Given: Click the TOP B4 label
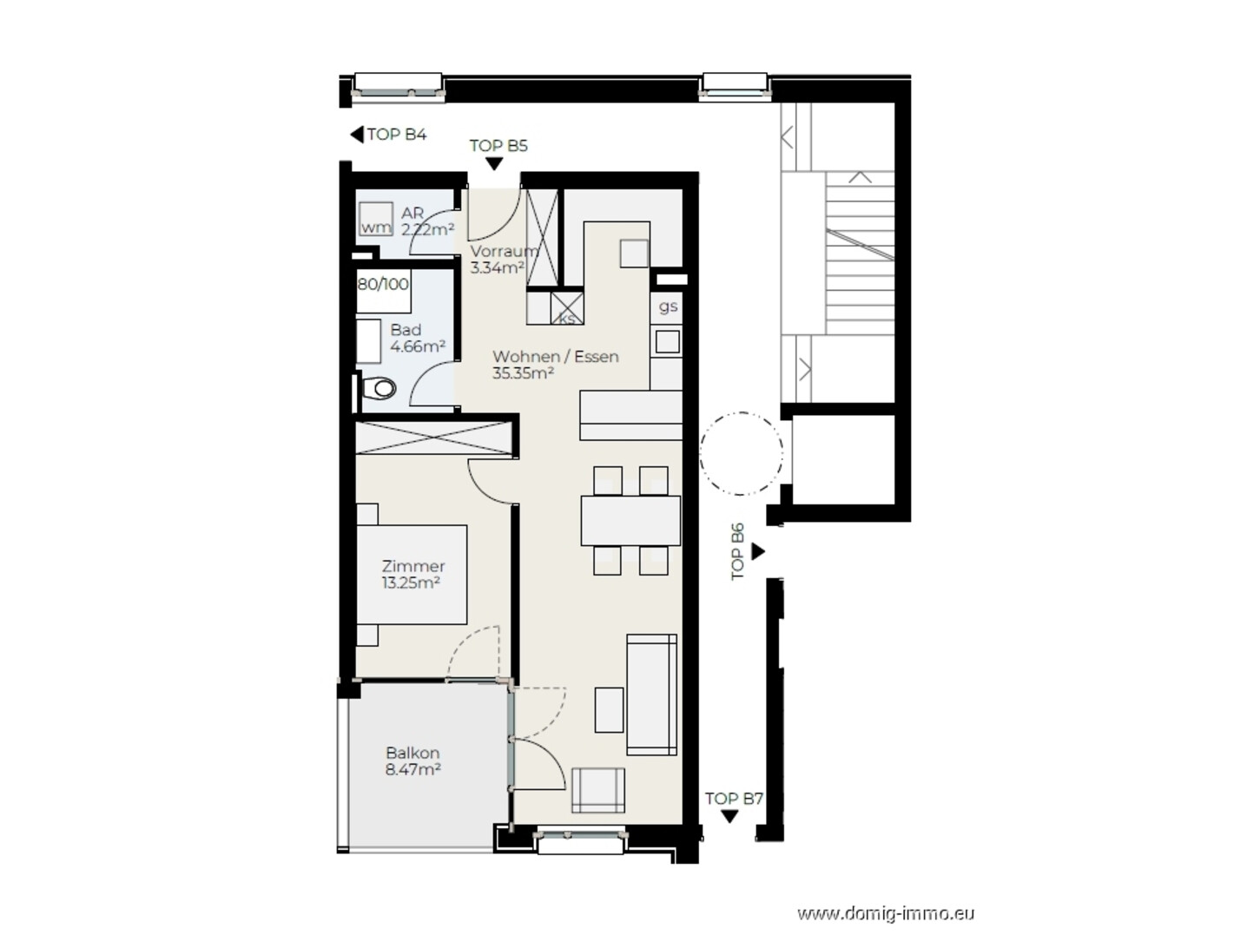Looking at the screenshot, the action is [x=397, y=135].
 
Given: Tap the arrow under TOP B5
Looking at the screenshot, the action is [x=494, y=164].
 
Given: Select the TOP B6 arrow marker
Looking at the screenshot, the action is [x=758, y=551].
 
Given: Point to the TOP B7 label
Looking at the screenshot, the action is [x=734, y=799].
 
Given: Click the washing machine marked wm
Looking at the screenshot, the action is [x=375, y=219].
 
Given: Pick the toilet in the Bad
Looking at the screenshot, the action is [x=379, y=389].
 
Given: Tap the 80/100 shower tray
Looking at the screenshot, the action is [x=384, y=291].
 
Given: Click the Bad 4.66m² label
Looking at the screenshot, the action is [x=418, y=338].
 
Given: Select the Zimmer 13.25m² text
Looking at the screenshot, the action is [x=413, y=574].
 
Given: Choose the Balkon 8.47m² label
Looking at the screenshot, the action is [x=413, y=761].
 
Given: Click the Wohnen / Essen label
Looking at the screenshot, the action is [x=555, y=357].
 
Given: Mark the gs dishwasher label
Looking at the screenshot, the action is [x=668, y=306].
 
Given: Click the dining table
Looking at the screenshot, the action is [x=630, y=521].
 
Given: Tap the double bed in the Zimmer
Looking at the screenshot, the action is [x=412, y=575].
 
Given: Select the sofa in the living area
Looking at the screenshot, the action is [x=651, y=695].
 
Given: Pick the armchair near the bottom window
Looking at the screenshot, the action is [x=598, y=791].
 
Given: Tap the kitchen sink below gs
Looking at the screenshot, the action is [x=667, y=342].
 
